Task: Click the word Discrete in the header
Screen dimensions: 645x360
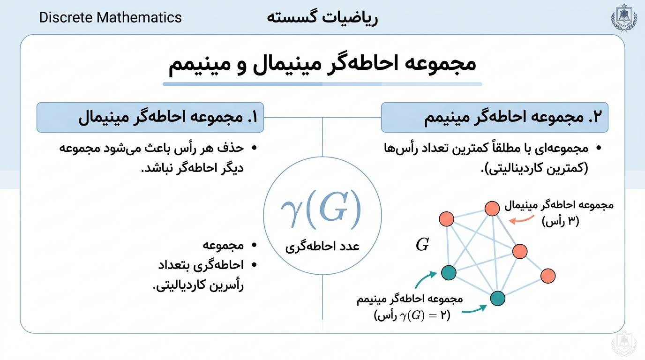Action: point(66,17)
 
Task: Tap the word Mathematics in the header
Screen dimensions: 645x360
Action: point(139,17)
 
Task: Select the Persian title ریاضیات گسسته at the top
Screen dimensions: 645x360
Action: point(322,18)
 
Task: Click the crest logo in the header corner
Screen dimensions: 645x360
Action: point(624,17)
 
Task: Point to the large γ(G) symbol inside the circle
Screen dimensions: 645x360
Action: point(322,209)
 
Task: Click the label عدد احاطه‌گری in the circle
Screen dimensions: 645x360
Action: point(322,247)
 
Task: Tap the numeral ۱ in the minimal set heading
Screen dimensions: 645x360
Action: point(254,117)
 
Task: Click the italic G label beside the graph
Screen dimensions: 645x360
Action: point(422,245)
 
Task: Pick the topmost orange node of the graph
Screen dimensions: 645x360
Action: point(492,209)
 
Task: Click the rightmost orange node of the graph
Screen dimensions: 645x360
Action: point(547,276)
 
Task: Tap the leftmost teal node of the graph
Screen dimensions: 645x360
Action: point(449,272)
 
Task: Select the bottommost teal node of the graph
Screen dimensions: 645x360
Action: point(497,298)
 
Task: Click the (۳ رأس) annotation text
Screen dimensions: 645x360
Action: point(560,221)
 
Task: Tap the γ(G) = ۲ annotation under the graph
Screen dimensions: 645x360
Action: point(412,315)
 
